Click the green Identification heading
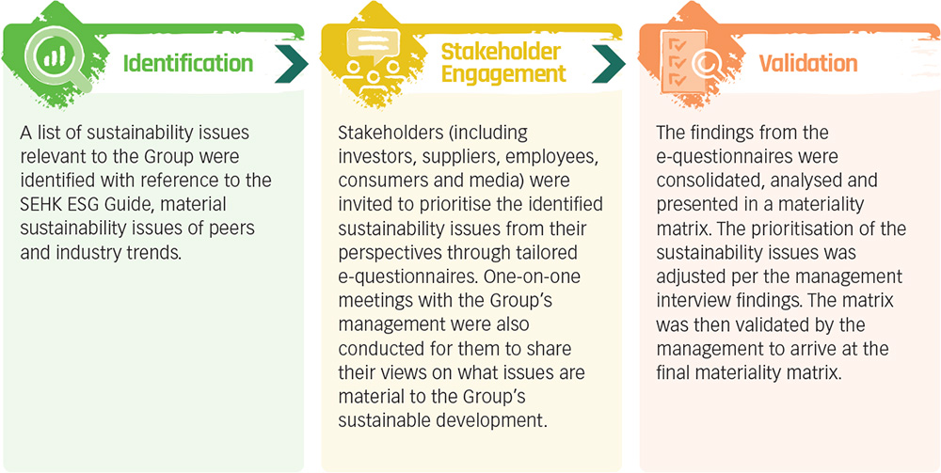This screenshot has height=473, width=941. (188, 64)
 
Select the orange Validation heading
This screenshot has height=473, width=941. (807, 64)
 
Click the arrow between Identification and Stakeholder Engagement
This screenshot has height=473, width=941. (292, 64)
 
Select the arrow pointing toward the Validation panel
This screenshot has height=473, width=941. (609, 64)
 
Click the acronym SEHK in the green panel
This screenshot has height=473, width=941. (40, 204)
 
